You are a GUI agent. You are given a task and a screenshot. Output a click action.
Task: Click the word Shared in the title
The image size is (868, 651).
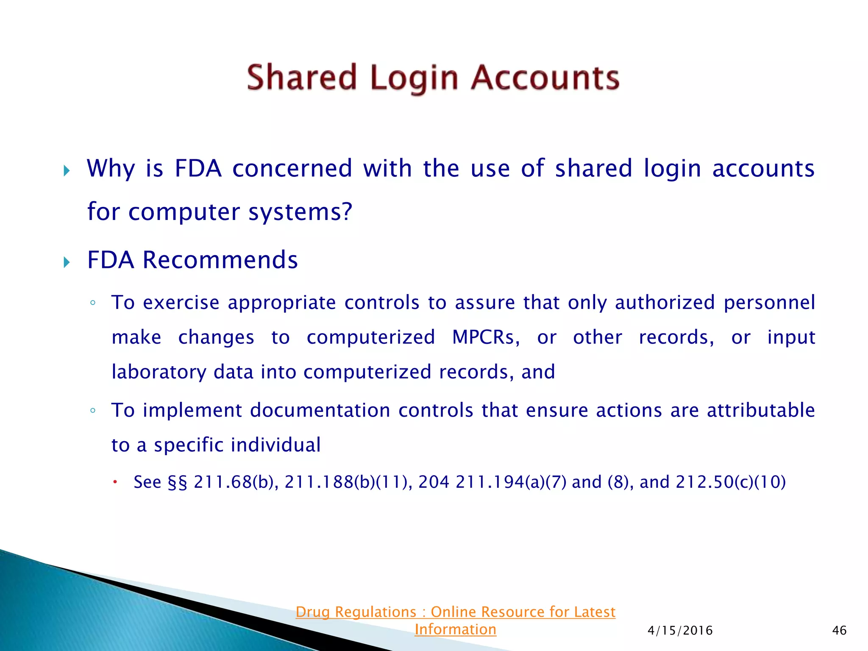[302, 78]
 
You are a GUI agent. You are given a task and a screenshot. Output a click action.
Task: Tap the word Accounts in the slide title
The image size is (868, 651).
[545, 78]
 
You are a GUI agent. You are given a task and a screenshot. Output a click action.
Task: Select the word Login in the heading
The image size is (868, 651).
[414, 79]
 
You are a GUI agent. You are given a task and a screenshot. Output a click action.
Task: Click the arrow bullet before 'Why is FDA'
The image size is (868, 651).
[67, 171]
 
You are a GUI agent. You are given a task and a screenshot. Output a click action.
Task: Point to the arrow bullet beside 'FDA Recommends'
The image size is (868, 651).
[67, 262]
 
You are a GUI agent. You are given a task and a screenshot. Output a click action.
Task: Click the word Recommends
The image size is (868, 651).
[220, 260]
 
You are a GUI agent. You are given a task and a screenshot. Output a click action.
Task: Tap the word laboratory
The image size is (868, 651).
[159, 372]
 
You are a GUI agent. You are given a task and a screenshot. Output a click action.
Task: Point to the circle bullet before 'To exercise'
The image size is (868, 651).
[93, 303]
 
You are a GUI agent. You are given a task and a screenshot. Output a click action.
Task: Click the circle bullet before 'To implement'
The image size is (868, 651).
[93, 411]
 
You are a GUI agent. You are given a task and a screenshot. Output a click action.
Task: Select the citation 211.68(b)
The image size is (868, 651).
[236, 482]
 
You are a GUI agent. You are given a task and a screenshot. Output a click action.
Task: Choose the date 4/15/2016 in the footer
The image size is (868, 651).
[680, 631]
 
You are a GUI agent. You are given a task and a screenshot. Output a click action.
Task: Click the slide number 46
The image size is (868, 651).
[839, 631]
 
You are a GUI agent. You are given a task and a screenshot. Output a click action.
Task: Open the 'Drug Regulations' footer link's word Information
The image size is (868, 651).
[455, 629]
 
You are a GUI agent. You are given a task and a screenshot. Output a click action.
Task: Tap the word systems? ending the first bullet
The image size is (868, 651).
[300, 212]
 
